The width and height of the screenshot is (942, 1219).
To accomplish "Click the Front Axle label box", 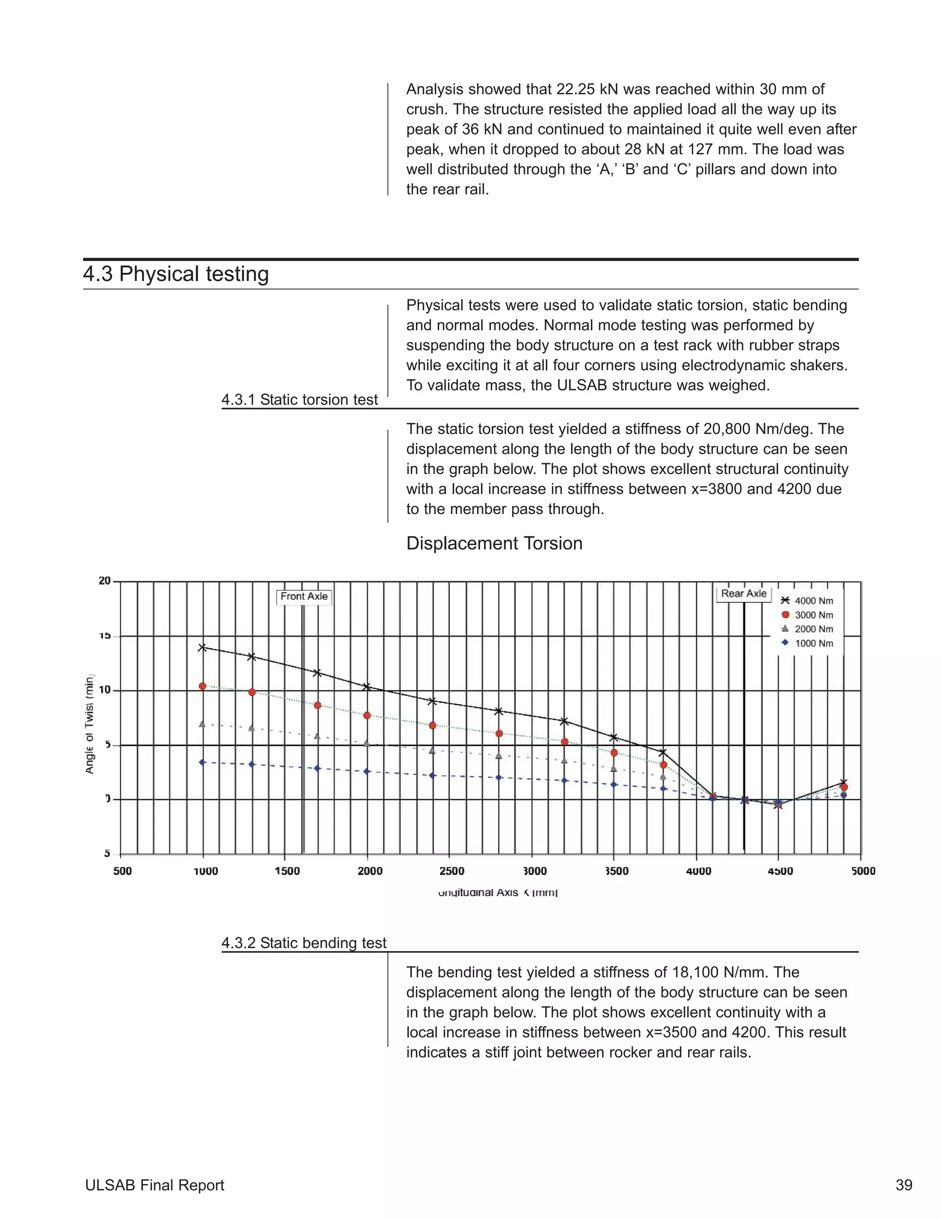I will point(304,597).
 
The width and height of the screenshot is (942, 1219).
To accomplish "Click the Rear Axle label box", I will point(743,594).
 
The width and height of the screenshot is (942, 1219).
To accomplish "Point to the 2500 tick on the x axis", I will point(452,871).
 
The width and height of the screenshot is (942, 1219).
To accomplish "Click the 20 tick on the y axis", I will point(105,581).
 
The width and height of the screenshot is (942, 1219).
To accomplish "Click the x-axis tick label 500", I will point(123,871).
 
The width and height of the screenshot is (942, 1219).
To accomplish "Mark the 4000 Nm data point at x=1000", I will point(202,648).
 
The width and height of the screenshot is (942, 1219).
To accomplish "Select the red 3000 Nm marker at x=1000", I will point(202,686).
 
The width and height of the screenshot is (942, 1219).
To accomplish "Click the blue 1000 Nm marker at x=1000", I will point(202,762).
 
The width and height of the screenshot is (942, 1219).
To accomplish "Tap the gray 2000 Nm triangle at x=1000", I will point(202,724).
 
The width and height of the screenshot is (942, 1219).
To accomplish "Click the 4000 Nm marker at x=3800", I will point(663,753).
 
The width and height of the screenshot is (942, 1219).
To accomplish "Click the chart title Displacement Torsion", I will point(494,544).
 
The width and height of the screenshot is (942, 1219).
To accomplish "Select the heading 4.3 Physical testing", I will point(176,274).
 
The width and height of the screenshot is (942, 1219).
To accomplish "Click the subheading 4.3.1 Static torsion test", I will point(300,400).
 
